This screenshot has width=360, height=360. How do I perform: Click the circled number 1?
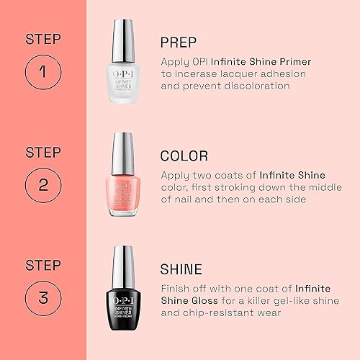pos(43,72)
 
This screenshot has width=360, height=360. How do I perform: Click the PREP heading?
pos(179,42)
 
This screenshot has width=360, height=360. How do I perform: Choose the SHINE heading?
pos(182,269)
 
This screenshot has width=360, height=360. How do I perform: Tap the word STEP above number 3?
pos(42,264)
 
